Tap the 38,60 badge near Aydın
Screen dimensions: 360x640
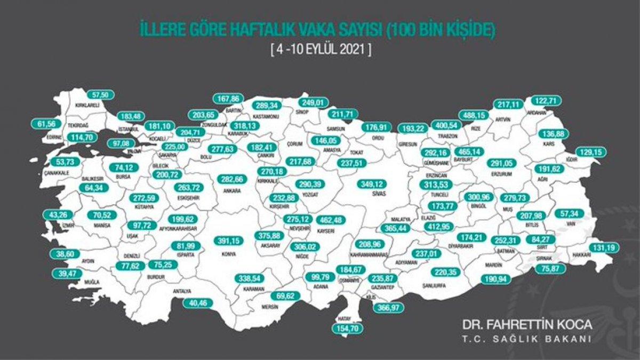click(64, 255)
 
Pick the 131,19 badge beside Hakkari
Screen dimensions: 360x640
click(606, 247)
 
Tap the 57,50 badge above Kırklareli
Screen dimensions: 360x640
click(100, 94)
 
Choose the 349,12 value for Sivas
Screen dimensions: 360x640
click(373, 184)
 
